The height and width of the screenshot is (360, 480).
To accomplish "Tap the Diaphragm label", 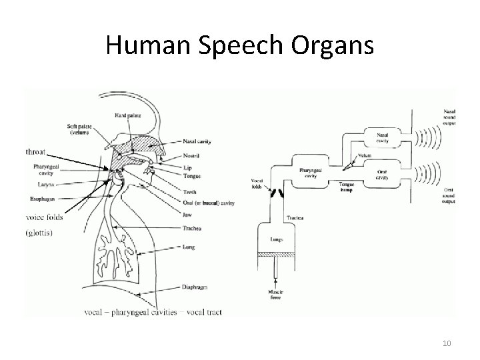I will click(x=194, y=287).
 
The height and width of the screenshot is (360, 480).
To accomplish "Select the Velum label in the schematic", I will click(x=363, y=155).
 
